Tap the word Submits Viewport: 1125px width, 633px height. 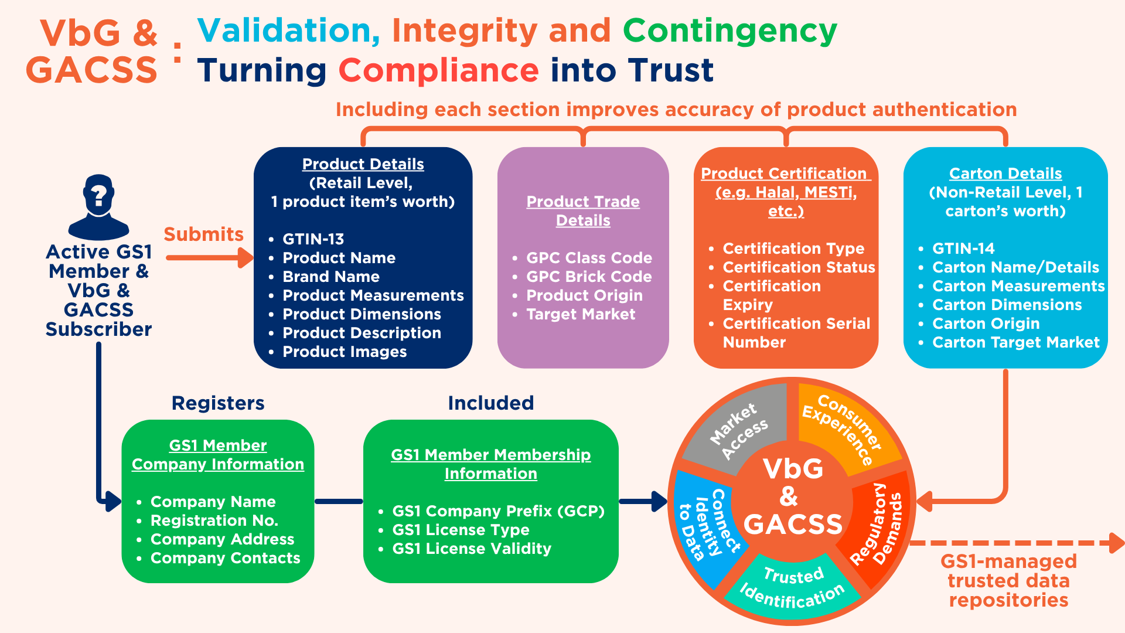tap(203, 234)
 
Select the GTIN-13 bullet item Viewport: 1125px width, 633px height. tap(313, 239)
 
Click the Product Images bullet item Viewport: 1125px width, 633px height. tap(345, 352)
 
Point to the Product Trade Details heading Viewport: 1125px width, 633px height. tap(583, 211)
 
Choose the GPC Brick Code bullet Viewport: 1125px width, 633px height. tap(589, 277)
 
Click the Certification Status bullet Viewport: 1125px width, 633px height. tap(799, 267)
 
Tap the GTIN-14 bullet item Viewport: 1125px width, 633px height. tap(963, 249)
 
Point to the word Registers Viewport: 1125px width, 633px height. tap(218, 403)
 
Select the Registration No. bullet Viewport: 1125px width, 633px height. tap(214, 520)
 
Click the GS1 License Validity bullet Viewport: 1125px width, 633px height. tap(472, 549)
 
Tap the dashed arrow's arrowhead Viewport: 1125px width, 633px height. tap(1116, 543)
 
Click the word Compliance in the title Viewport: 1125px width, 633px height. tap(438, 70)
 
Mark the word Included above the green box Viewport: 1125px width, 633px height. tap(491, 403)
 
